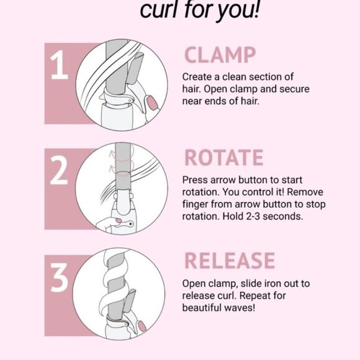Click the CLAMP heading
220,55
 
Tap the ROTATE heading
224,158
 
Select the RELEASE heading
230,260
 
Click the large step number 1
59,65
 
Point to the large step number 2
59,170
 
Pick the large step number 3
60,277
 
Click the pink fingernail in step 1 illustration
153,102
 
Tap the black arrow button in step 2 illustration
130,223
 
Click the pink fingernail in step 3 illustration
142,326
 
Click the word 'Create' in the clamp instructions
197,77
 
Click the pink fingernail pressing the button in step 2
119,220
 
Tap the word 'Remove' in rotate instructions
305,192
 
